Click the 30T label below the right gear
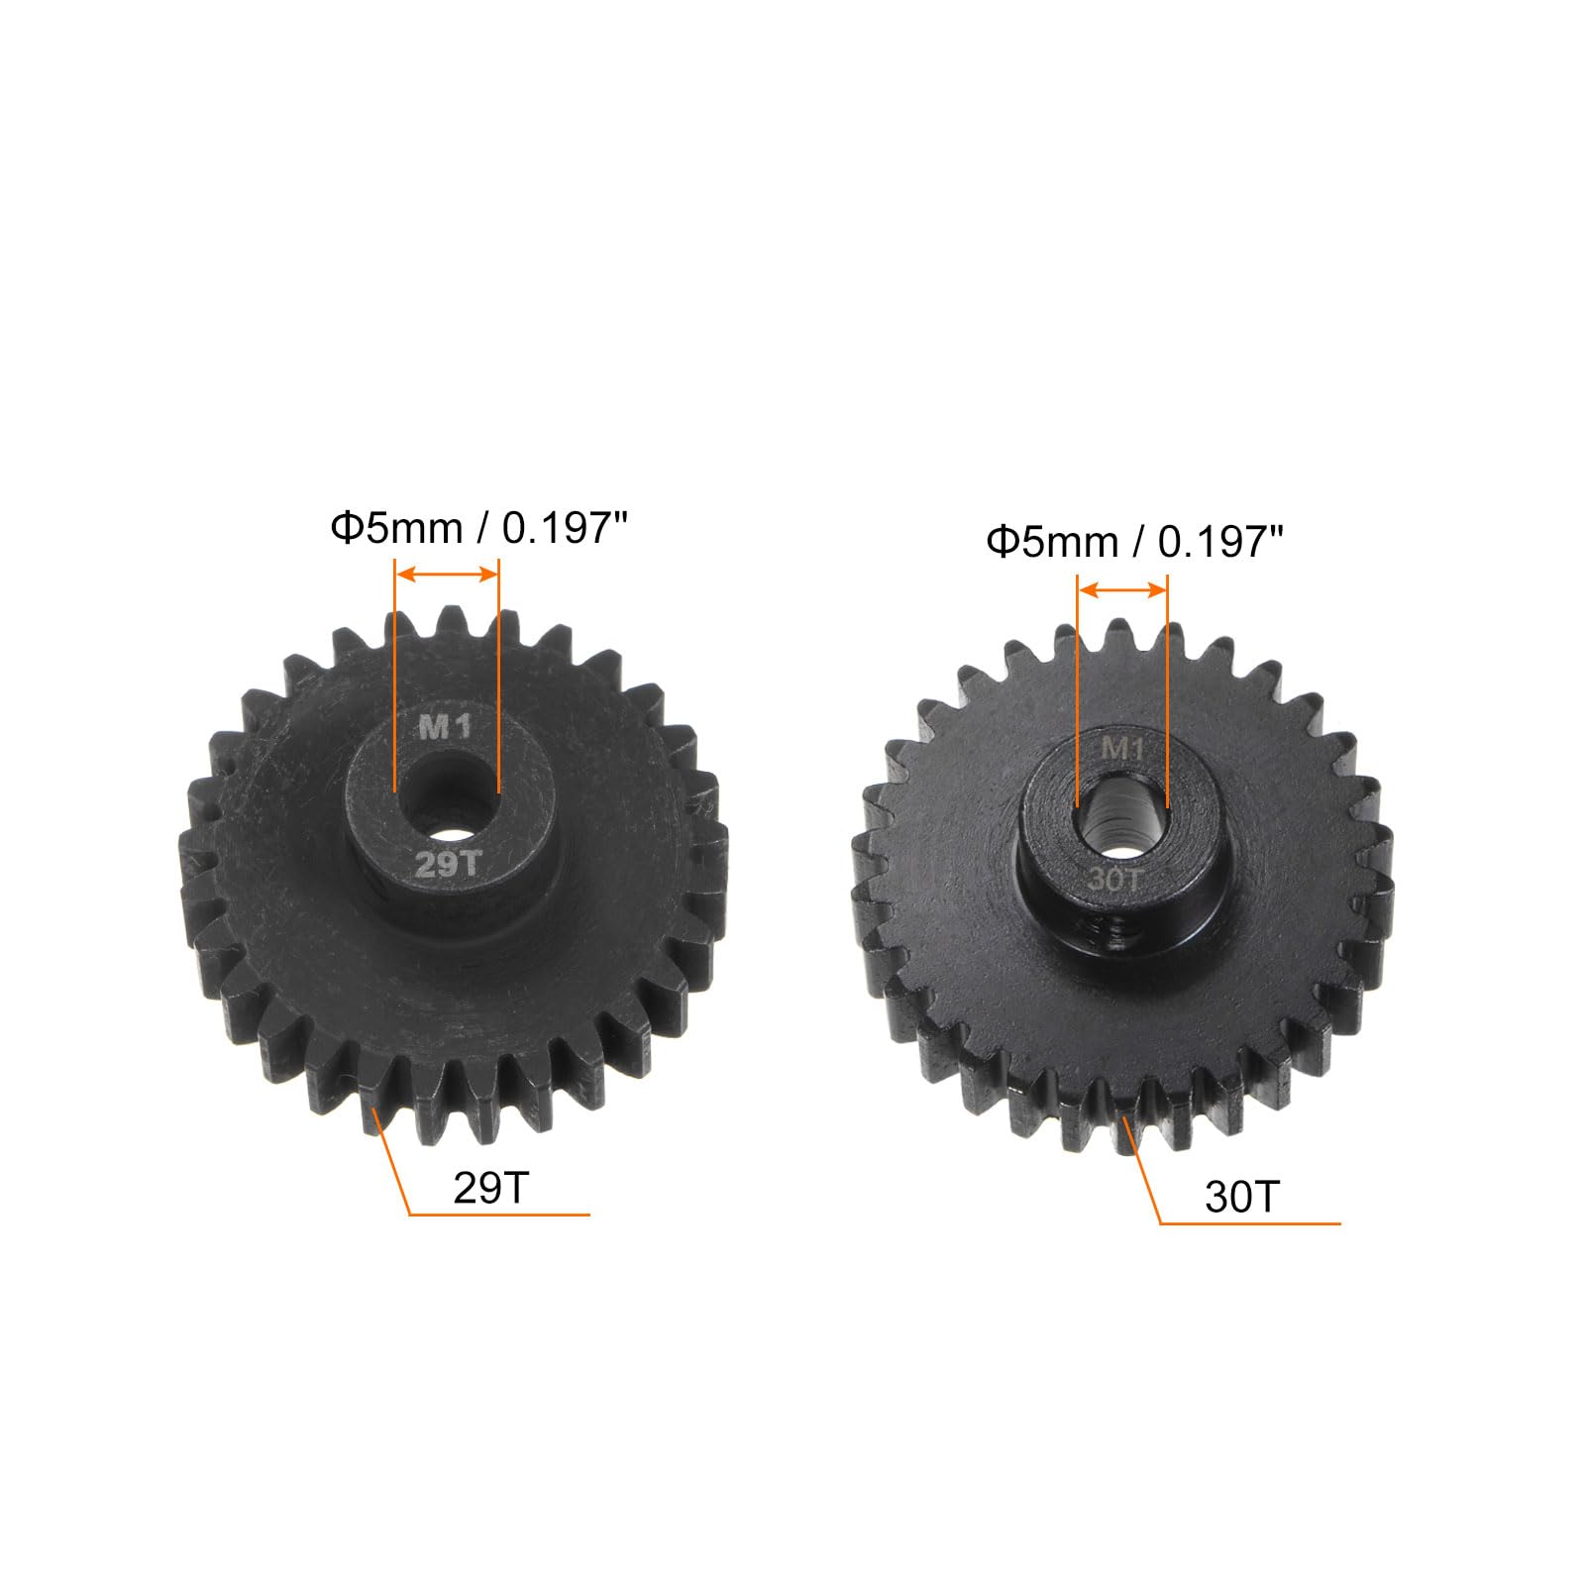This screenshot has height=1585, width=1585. [x=1242, y=1198]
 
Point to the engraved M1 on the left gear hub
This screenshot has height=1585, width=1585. [x=447, y=728]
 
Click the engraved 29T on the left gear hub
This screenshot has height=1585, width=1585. [x=447, y=865]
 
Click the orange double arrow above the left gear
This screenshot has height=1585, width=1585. [x=447, y=574]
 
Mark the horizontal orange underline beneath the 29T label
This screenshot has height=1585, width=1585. [x=498, y=1214]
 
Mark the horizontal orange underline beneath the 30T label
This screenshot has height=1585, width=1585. [x=1250, y=1224]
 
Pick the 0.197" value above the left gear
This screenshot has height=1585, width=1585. [x=567, y=529]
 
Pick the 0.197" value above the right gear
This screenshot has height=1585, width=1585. [x=1221, y=542]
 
